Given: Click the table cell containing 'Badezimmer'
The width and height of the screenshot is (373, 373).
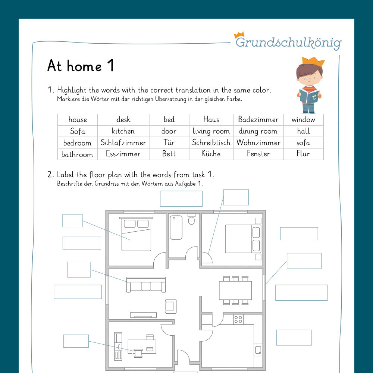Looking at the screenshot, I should [x=258, y=120].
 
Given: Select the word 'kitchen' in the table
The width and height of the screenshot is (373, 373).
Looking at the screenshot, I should [x=123, y=131].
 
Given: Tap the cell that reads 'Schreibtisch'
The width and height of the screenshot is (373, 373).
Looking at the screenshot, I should [x=211, y=142].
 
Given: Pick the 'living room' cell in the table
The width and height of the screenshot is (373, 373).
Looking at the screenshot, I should [x=211, y=131].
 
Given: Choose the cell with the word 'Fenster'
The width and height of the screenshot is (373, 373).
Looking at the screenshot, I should [x=258, y=154].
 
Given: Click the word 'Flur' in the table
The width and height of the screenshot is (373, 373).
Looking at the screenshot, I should [x=303, y=154].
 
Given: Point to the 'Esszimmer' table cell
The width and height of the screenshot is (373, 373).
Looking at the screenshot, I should [x=123, y=154].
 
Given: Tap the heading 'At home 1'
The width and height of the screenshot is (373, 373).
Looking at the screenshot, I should [x=81, y=66].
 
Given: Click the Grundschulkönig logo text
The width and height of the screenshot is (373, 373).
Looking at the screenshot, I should [x=288, y=43].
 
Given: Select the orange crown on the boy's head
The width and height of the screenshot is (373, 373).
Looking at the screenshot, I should [x=313, y=61].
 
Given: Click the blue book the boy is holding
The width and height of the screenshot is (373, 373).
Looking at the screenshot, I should [x=309, y=96].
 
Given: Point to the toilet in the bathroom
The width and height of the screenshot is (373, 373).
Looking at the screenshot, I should [x=192, y=220].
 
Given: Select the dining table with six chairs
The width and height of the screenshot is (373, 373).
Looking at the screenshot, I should [x=235, y=290].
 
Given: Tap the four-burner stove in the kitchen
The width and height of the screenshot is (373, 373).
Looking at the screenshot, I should [x=238, y=319].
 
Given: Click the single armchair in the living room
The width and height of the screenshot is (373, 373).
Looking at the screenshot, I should [x=170, y=306].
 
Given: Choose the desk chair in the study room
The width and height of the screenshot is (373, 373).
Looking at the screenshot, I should [x=138, y=352].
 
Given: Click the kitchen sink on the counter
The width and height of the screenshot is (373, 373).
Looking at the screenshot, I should [x=258, y=350].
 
